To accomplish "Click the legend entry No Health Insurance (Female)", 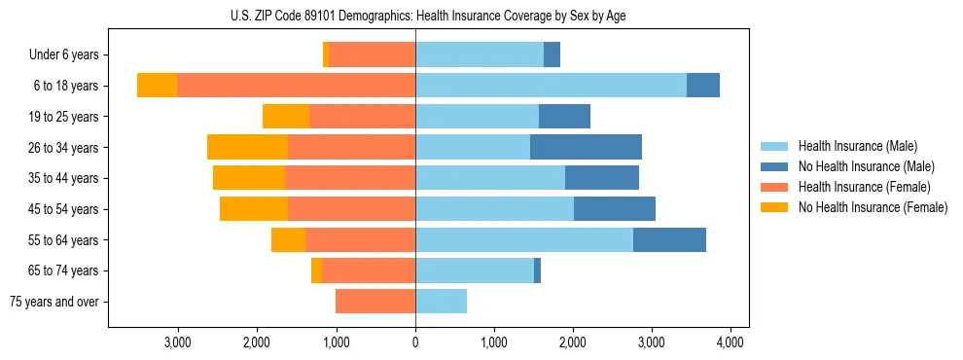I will coord(873,207).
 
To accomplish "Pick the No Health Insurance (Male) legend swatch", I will coord(775,166).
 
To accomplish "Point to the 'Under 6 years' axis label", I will coord(70,55).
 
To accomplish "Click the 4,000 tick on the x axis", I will coord(731,342).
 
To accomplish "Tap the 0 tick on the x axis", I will coord(415,342).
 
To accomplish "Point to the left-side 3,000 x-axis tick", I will coord(178,342).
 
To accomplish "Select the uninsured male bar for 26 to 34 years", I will coord(586,147).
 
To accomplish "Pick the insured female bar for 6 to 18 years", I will coord(296,86).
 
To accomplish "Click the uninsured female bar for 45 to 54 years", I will coord(254,209).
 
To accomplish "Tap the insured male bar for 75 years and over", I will coord(441,302).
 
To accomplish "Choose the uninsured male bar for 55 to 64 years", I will coord(669,240).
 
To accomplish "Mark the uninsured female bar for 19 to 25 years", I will coord(286,117).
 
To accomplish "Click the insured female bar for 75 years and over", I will coord(375,302).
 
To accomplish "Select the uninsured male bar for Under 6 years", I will coord(552,54).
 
